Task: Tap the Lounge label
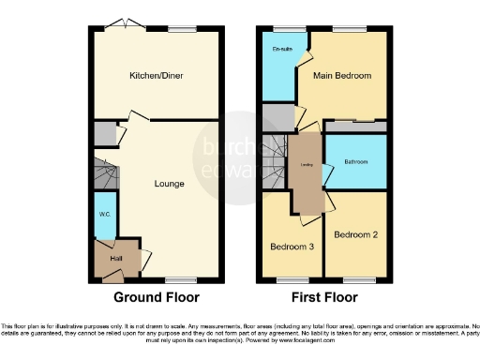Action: [169, 183]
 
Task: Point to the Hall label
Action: [116, 258]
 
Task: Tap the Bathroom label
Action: [355, 161]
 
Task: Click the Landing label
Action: [306, 167]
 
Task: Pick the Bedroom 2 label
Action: [355, 233]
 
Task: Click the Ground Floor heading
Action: [157, 298]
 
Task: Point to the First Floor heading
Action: [322, 298]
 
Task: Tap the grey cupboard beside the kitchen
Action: [104, 133]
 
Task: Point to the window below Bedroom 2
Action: [355, 279]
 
